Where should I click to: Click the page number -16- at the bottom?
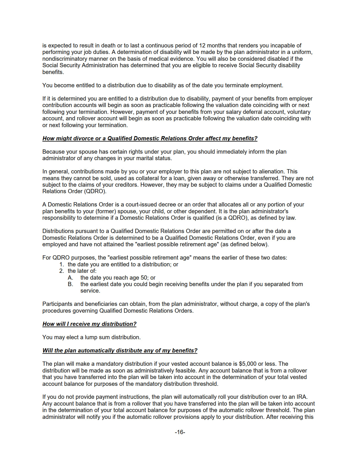pyautogui.click(x=180, y=432)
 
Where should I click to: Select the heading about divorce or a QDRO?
pyautogui.click(x=150, y=138)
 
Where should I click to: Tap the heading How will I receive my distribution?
pyautogui.click(x=89, y=324)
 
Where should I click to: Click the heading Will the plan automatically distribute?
pyautogui.click(x=120, y=350)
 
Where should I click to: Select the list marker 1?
pyautogui.click(x=62, y=264)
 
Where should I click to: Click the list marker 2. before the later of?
pyautogui.click(x=62, y=271)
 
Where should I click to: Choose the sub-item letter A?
pyautogui.click(x=70, y=278)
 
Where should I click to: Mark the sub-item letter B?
pyautogui.click(x=70, y=284)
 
